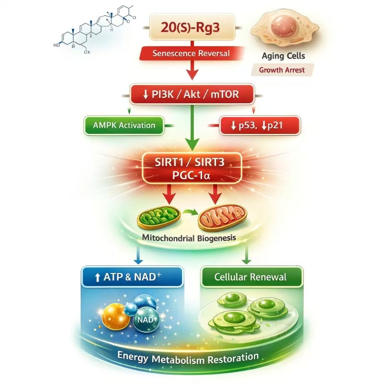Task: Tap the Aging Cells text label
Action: coord(283,56)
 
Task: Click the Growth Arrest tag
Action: coord(282,70)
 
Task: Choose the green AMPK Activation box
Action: coord(124,125)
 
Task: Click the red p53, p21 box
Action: coord(259,126)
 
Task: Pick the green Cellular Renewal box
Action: coord(251,277)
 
